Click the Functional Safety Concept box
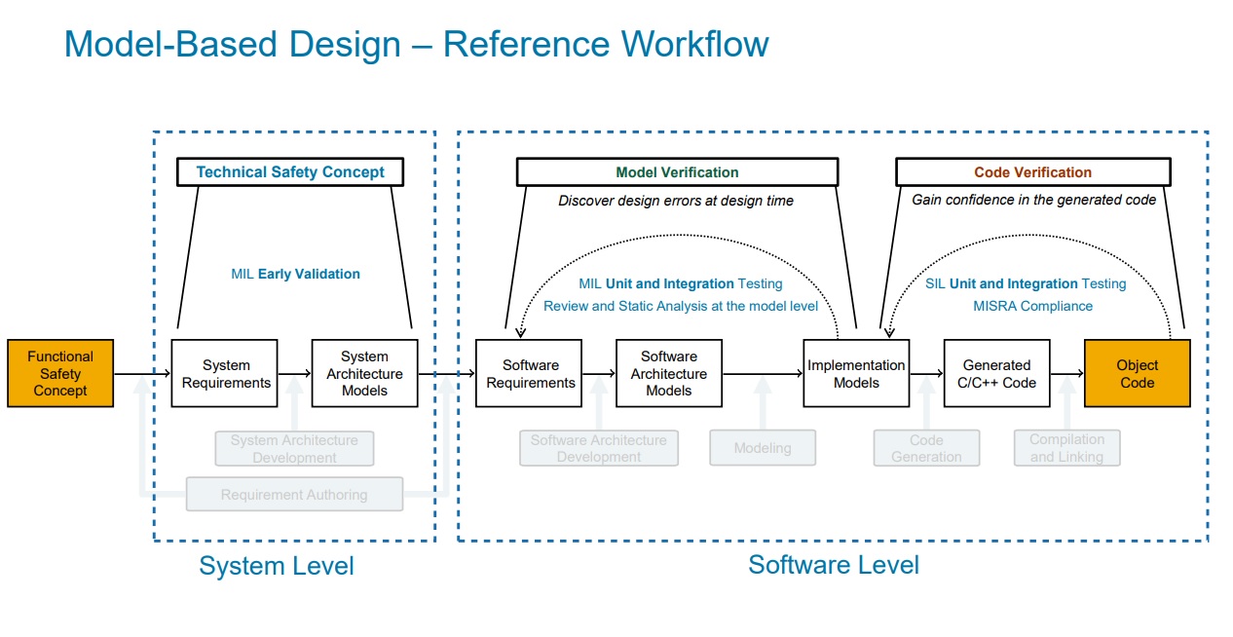click(60, 373)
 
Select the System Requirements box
click(225, 373)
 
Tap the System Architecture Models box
click(365, 373)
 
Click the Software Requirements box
click(529, 373)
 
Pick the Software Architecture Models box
click(669, 373)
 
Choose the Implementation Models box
click(856, 373)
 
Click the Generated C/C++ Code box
click(997, 373)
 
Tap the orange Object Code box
click(1138, 373)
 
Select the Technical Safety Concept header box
click(290, 171)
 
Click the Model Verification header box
click(678, 171)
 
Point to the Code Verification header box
click(1033, 171)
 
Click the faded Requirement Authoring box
click(294, 495)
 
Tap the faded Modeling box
click(763, 448)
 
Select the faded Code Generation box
click(926, 448)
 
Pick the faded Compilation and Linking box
click(1067, 448)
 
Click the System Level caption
click(277, 566)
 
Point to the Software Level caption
click(834, 565)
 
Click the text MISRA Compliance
click(1032, 306)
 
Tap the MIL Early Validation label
click(296, 274)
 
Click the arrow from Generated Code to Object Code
click(1067, 373)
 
